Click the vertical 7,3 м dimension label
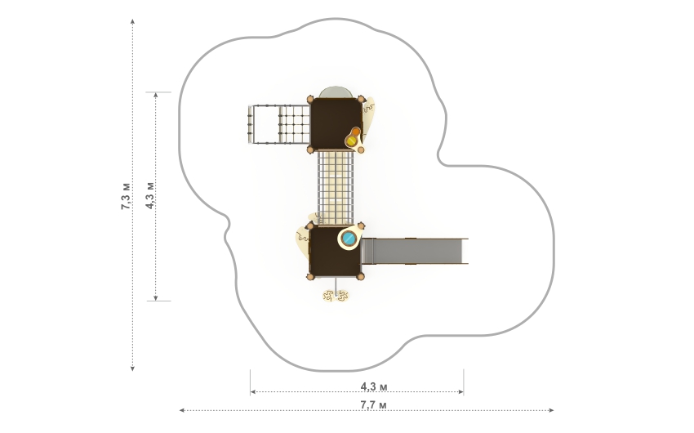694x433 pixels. coord(126,196)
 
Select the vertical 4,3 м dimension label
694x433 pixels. coord(150,195)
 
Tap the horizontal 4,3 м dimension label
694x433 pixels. coord(374,386)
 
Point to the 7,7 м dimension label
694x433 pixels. coord(373,404)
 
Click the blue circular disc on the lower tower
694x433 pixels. coord(349,239)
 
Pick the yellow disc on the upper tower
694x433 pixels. coord(351,141)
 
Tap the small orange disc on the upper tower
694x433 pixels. coord(356,132)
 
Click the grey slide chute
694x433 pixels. coord(414,251)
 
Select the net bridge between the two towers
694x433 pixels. coord(336,188)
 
